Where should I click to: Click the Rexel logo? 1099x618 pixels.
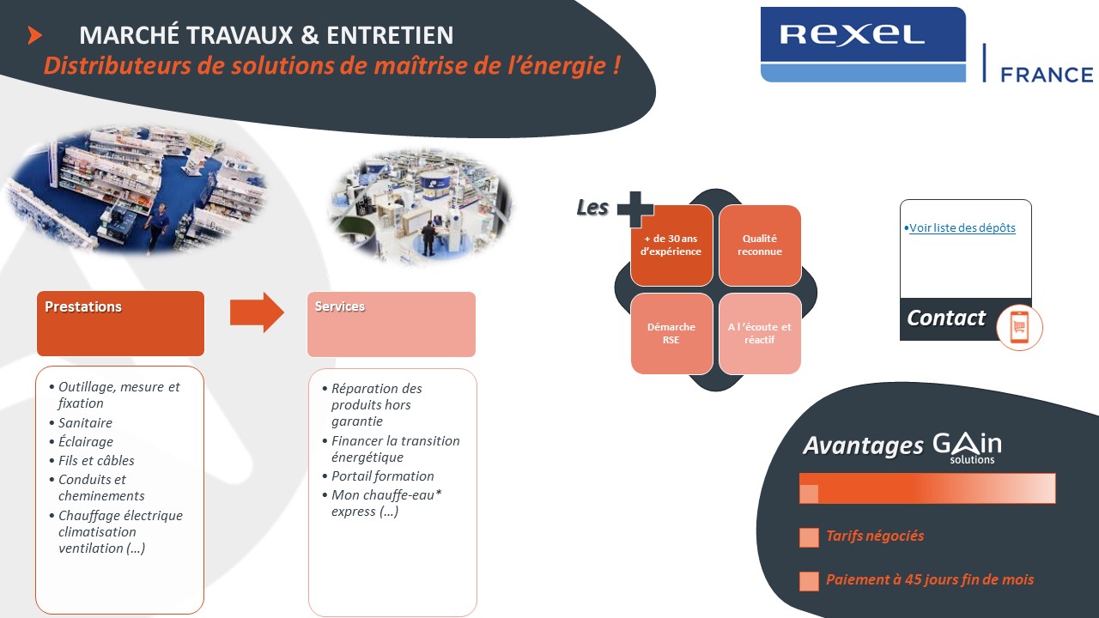click(863, 44)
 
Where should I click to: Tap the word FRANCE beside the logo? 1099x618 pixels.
click(1047, 75)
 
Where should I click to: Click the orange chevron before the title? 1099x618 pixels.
click(34, 35)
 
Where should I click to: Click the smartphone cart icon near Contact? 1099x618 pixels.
click(1019, 327)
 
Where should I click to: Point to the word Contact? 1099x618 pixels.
click(946, 318)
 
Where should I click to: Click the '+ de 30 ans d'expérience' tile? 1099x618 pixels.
click(671, 245)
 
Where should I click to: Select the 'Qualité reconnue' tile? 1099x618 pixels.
click(760, 245)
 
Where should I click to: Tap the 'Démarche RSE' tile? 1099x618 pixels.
click(671, 334)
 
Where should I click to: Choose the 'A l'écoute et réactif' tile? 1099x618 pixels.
click(760, 334)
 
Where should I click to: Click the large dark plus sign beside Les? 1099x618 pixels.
click(635, 209)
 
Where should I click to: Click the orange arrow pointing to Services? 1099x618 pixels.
click(257, 312)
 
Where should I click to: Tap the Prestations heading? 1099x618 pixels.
click(83, 306)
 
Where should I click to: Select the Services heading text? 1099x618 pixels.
click(340, 306)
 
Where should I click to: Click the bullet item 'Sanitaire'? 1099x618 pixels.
click(85, 423)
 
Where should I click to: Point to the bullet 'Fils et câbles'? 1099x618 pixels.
click(96, 461)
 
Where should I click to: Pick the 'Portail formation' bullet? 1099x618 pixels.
click(383, 476)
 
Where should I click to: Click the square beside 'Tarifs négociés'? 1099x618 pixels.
click(809, 537)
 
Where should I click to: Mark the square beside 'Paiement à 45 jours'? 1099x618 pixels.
click(809, 581)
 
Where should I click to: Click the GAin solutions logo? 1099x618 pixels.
click(967, 448)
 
